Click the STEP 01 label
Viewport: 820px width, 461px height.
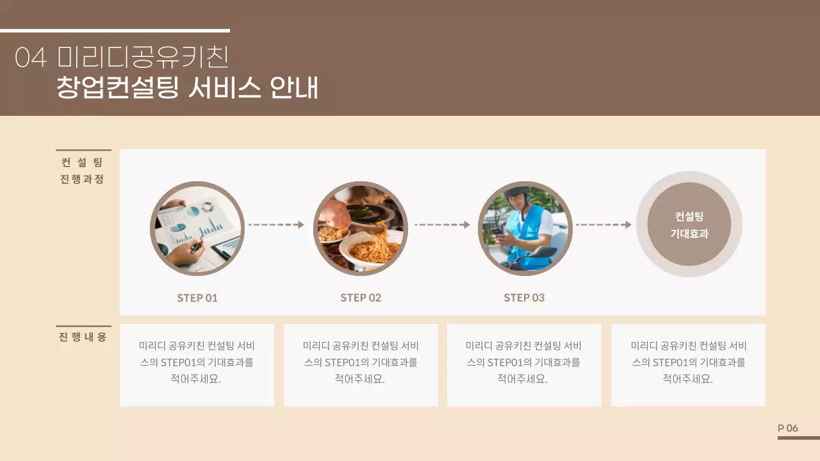click(197, 298)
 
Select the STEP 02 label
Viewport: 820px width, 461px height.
click(361, 298)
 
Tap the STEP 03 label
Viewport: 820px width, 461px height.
click(524, 298)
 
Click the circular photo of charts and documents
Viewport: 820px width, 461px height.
click(197, 229)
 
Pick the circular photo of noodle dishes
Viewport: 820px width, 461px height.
click(361, 229)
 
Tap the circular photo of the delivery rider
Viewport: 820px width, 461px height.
click(525, 229)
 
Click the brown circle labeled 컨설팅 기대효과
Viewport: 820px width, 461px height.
click(689, 224)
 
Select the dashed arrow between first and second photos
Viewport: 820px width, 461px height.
click(276, 225)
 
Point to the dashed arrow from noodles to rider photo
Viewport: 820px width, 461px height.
click(442, 225)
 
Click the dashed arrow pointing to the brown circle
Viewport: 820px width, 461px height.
click(603, 225)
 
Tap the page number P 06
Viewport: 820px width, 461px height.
click(788, 428)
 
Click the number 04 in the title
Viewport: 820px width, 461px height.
click(31, 58)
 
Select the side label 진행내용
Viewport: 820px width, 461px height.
click(83, 337)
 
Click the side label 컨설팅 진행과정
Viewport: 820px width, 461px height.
click(83, 171)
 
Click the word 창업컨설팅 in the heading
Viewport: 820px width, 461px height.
click(117, 88)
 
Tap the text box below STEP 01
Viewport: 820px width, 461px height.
click(197, 365)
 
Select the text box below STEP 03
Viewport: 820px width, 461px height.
click(524, 365)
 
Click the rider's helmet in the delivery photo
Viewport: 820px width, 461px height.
click(516, 193)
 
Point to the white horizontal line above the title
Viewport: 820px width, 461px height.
click(115, 30)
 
